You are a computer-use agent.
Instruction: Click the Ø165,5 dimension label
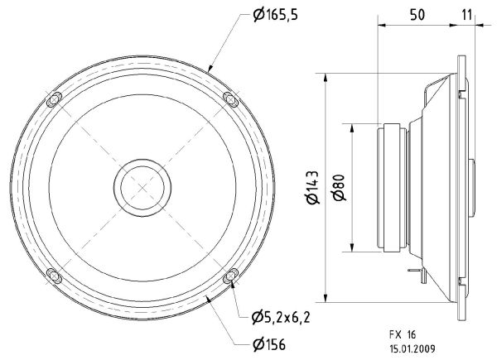(276, 15)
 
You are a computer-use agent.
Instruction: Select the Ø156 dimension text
(269, 344)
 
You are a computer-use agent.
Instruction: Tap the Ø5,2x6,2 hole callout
(281, 317)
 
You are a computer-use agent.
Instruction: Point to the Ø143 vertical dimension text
(312, 187)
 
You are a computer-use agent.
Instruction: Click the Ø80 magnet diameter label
(339, 187)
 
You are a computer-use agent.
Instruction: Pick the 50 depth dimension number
(417, 15)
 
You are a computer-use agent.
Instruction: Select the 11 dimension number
(467, 15)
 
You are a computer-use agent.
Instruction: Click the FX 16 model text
(403, 334)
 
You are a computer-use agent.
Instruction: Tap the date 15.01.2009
(412, 349)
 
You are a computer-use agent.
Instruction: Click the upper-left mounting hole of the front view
(54, 100)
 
